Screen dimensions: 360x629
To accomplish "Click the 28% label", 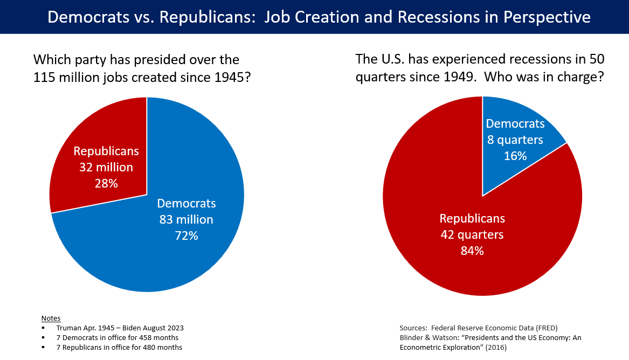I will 106,183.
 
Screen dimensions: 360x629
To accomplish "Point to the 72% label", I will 186,236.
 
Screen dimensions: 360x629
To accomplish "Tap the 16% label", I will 515,156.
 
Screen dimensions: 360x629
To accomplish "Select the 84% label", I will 472,251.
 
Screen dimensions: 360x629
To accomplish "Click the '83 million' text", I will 186,219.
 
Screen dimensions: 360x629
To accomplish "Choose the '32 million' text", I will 106,167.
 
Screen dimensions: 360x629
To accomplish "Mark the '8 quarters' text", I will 515,140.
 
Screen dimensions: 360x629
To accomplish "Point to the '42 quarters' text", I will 472,234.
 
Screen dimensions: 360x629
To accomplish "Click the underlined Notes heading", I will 51,318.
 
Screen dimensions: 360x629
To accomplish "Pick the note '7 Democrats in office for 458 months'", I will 117,337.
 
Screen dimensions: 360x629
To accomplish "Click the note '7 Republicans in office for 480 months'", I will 119,347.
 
